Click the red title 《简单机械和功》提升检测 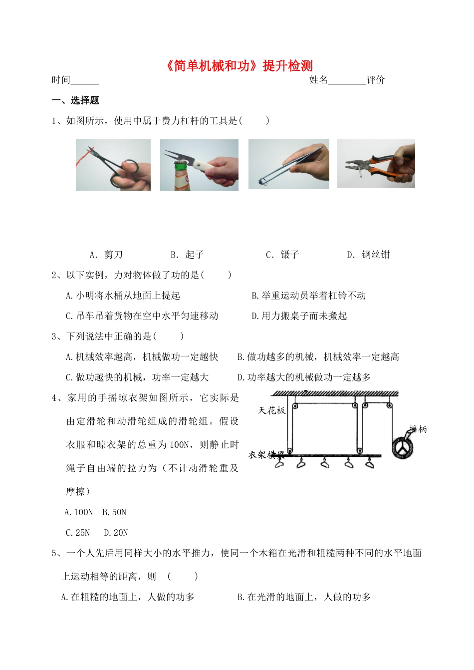pos(238,66)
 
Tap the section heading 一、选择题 pos(75,100)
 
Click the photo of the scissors pos(113,165)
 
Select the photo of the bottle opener pos(199,165)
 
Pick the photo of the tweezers pos(288,164)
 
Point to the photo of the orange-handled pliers pos(376,163)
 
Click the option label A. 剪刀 pos(106,255)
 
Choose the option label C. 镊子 pos(282,255)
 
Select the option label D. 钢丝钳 pos(368,255)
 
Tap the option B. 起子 pos(187,255)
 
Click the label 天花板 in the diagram pos(272,410)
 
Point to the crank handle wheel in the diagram pos(403,447)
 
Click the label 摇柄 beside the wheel pos(418,429)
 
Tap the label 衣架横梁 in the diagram pos(266,455)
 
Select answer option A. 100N pos(79,512)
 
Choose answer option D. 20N pos(116,533)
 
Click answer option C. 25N pos(78,533)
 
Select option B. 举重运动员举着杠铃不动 pos(309,296)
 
